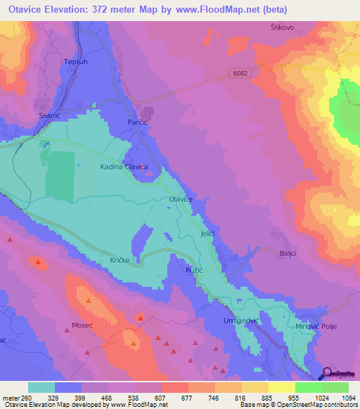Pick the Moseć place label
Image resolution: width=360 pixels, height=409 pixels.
pos(82,325)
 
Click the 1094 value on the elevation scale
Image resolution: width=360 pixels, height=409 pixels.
pos(339,397)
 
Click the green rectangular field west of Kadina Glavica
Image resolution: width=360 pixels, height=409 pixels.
pos(59,174)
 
